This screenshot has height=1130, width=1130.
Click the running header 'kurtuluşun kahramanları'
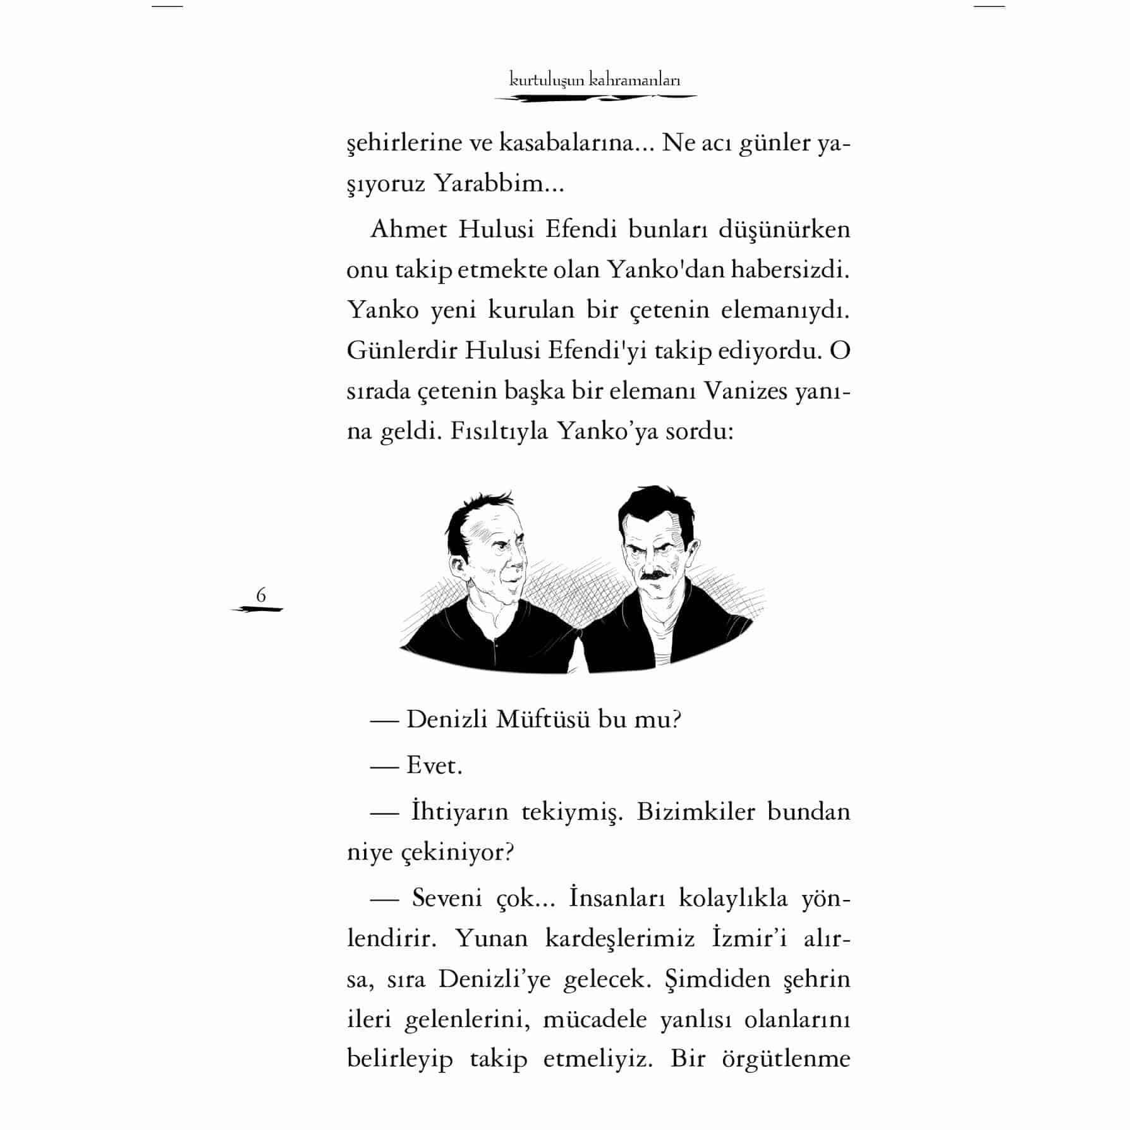click(x=595, y=80)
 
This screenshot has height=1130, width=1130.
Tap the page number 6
click(x=260, y=595)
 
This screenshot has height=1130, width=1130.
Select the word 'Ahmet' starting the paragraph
click(x=408, y=229)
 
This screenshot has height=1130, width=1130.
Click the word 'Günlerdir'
click(x=401, y=351)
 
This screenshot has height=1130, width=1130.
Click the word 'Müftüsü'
click(x=541, y=720)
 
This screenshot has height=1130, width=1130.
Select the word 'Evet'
click(x=434, y=766)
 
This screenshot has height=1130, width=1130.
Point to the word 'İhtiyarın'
click(x=459, y=811)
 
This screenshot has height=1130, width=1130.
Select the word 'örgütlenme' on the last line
click(x=786, y=1059)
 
